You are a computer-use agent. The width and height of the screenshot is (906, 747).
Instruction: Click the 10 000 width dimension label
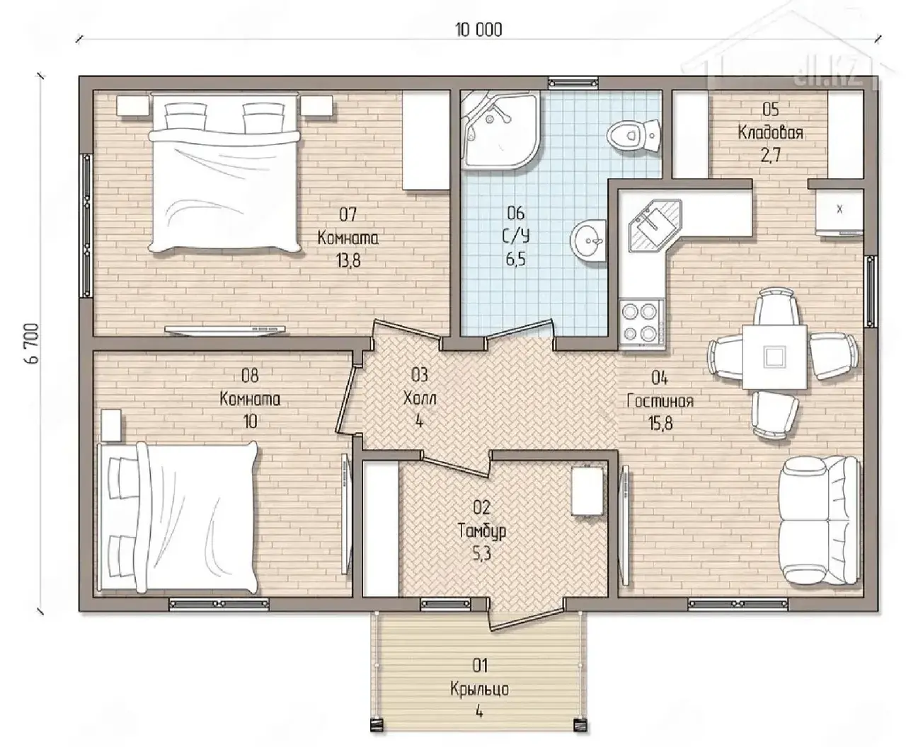click(x=478, y=30)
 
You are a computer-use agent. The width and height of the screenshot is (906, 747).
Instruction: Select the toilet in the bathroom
click(x=634, y=136)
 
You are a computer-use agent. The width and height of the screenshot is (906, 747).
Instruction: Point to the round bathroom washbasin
click(x=588, y=241)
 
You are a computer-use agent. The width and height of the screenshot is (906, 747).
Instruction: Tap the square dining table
click(x=774, y=357)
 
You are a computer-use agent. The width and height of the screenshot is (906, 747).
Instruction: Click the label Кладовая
click(x=770, y=132)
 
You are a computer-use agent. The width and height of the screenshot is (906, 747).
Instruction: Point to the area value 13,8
click(x=348, y=261)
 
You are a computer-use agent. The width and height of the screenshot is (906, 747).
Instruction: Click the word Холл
click(x=420, y=398)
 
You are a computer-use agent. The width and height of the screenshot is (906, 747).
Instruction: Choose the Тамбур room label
click(x=481, y=531)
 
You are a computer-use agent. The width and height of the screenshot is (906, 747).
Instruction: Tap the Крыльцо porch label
click(x=479, y=689)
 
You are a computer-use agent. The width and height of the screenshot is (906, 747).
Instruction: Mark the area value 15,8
click(x=660, y=423)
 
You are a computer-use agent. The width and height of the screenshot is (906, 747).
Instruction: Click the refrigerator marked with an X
click(x=839, y=212)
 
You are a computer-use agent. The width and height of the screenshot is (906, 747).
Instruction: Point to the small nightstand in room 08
click(x=111, y=426)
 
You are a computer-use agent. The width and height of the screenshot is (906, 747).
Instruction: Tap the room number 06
click(x=515, y=213)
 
